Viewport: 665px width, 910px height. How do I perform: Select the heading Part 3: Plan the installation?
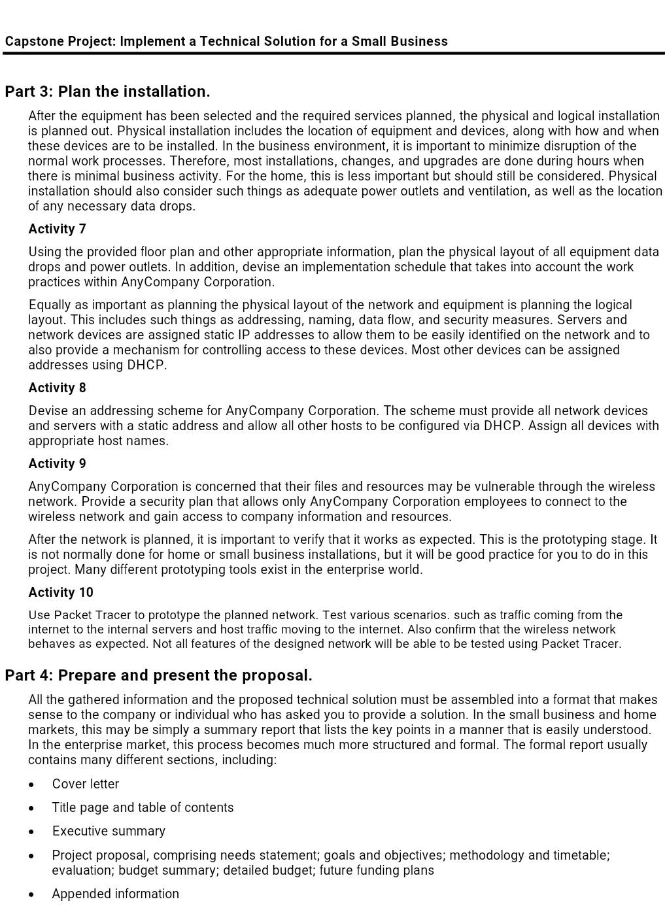(x=107, y=92)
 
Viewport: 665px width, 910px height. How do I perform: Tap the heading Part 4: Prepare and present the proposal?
(x=158, y=675)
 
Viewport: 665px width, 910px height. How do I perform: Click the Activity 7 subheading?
(x=57, y=229)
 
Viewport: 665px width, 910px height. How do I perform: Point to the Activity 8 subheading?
(x=57, y=388)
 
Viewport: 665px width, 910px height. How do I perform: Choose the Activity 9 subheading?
(x=57, y=463)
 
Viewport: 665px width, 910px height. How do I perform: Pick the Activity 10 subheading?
(x=61, y=592)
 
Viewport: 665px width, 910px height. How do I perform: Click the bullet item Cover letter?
(x=86, y=784)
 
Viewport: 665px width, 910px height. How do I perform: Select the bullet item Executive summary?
(x=109, y=831)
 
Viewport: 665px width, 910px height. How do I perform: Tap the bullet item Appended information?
(x=115, y=894)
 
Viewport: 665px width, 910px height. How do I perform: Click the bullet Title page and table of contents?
(x=143, y=807)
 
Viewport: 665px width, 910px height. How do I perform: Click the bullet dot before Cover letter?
(x=31, y=784)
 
